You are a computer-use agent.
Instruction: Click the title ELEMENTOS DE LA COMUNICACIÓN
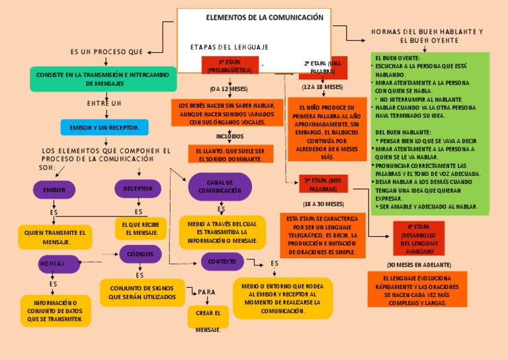(265, 17)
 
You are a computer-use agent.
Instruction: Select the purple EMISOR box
(54, 190)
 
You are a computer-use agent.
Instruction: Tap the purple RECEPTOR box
(138, 189)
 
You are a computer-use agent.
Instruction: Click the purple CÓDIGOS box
(140, 254)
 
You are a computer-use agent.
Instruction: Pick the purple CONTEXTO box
(222, 261)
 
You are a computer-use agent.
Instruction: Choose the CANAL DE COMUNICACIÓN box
(220, 187)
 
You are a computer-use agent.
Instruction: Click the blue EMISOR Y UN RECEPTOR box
(104, 127)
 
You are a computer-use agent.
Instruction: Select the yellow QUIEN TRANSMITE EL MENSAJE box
(55, 237)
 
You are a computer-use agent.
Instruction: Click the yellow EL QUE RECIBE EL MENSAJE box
(140, 228)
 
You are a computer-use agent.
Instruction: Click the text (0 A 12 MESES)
(229, 89)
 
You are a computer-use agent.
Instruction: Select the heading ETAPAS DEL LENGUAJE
(229, 47)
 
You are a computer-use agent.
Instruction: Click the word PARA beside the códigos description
(207, 292)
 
